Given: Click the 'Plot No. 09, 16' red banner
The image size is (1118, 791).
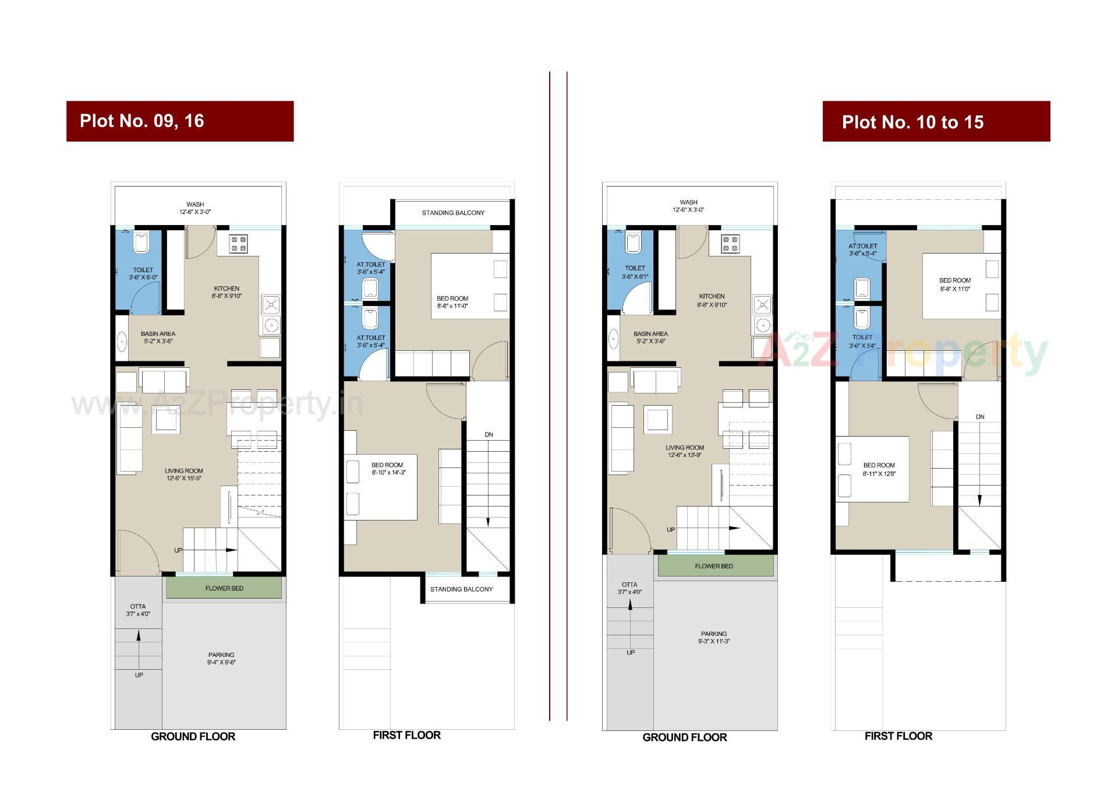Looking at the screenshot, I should [179, 121].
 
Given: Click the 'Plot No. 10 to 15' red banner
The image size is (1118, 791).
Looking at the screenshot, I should [936, 122].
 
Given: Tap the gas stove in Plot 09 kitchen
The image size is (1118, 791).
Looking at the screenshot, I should [238, 244].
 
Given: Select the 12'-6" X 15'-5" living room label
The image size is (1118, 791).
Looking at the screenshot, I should [184, 474].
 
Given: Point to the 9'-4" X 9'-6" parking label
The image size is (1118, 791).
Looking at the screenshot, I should [221, 659].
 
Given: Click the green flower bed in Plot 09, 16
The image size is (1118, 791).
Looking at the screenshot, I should [224, 588].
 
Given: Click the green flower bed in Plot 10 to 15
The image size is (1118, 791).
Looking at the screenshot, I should [714, 566].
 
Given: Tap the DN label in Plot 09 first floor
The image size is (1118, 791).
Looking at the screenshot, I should [489, 435].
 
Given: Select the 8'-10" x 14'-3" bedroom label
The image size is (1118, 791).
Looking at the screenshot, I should [388, 469].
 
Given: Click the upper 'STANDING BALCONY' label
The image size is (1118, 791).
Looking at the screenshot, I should [453, 213].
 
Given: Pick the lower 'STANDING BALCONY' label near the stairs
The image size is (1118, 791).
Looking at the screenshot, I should [461, 589].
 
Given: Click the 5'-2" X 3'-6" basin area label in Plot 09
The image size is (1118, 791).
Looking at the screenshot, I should [158, 338].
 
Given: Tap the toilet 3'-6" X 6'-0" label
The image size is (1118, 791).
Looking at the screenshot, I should [143, 273].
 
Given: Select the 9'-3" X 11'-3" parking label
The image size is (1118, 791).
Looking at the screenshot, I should [714, 637].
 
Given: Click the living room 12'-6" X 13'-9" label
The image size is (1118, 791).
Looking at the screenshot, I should [685, 451].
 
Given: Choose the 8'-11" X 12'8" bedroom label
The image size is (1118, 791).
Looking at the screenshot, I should [879, 469].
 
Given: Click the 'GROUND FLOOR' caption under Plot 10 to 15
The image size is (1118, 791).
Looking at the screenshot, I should [684, 737].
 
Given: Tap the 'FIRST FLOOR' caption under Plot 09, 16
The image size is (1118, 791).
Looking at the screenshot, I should [406, 736].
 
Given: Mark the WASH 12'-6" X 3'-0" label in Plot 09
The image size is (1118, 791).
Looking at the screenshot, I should [195, 208].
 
